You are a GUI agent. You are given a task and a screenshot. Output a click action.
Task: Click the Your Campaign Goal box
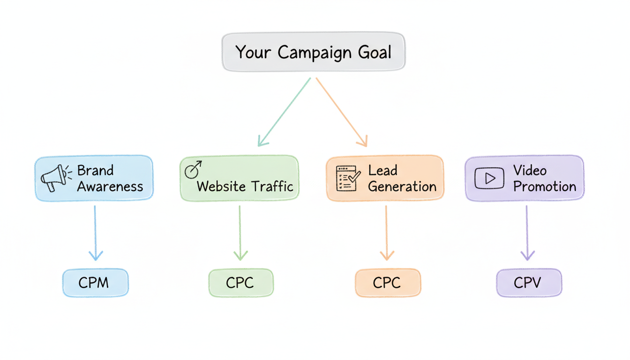(313, 52)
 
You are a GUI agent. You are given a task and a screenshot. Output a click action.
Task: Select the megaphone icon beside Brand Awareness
(54, 178)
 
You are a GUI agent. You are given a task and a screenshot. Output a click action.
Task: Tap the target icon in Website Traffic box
(193, 170)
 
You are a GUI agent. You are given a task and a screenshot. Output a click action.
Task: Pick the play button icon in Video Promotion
(489, 178)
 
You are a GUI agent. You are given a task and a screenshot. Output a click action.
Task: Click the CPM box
(95, 283)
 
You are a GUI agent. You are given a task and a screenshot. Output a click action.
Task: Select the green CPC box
(240, 283)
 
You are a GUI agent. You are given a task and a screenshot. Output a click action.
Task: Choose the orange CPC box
(388, 283)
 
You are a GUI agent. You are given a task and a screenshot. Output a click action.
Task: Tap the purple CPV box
(528, 283)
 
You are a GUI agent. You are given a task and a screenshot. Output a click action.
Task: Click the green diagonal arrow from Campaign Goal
(284, 112)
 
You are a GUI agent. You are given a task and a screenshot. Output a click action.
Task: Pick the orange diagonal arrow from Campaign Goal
(341, 112)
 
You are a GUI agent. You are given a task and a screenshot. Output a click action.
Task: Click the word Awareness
(110, 187)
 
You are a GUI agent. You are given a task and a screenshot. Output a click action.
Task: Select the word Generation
(402, 187)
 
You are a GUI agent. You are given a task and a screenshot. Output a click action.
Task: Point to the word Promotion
(545, 187)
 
